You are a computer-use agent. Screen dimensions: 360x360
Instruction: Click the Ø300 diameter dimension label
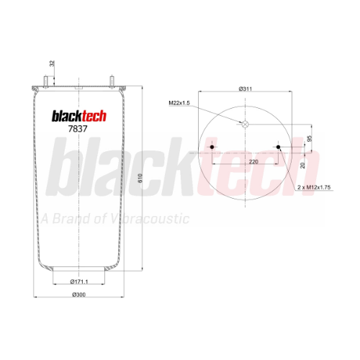click(78, 294)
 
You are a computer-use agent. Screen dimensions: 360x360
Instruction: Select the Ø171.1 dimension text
click(79, 282)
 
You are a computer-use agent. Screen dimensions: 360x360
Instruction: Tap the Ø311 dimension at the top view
click(246, 89)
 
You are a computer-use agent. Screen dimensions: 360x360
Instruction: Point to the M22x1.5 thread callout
click(179, 103)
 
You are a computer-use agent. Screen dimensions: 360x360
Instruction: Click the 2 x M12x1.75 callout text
click(314, 187)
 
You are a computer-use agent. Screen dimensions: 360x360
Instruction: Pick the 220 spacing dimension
click(253, 162)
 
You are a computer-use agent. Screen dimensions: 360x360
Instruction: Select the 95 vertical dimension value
click(310, 138)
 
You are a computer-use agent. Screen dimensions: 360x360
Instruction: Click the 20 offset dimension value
click(302, 165)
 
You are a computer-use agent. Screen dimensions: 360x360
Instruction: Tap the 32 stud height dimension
click(52, 63)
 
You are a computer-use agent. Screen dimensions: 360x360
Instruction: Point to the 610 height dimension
click(140, 178)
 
